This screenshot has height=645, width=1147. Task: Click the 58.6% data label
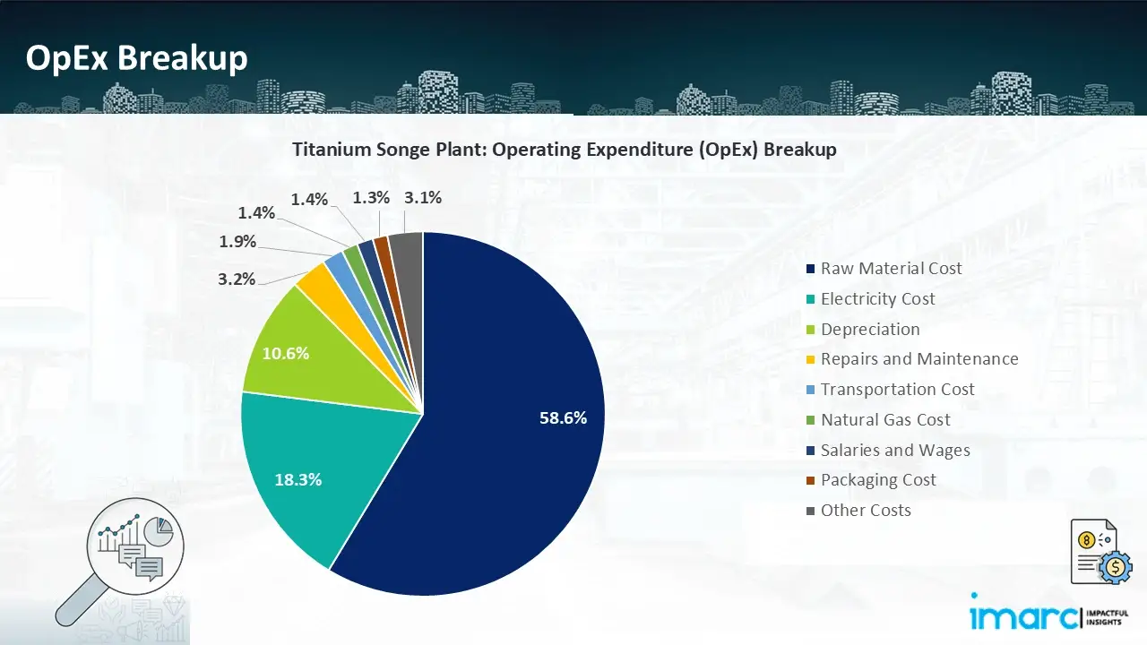coord(563,417)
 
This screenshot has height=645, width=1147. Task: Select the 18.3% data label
coord(298,479)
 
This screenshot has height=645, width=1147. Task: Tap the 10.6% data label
coord(285,353)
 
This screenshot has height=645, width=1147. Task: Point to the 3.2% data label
coord(237,279)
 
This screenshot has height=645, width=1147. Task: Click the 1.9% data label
coord(237,241)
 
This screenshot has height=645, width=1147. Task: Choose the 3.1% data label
coord(423,198)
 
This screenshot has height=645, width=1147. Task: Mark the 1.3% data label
coord(371,198)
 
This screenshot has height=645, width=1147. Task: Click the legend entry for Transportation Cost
coord(897,390)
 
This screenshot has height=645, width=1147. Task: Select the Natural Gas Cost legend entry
coord(885,420)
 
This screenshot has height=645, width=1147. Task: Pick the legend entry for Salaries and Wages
coord(894,451)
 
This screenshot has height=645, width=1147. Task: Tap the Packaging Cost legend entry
coord(878,480)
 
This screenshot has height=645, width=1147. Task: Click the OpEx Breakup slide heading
coord(136,58)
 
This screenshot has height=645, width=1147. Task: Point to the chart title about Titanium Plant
coord(565,150)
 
